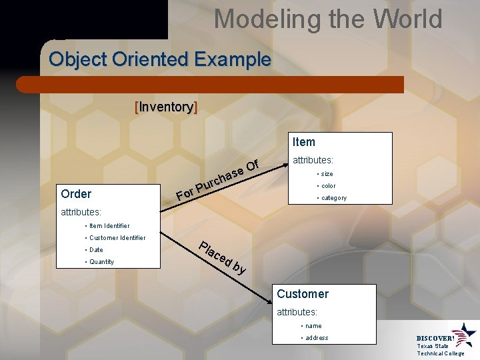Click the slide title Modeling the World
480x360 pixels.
(327, 19)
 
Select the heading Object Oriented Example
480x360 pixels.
(160, 59)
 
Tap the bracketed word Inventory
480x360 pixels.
(166, 107)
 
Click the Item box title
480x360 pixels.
(303, 142)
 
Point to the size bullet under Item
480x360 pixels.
(324, 173)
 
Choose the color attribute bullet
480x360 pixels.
(326, 185)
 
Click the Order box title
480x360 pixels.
(76, 194)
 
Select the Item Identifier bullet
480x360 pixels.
(107, 226)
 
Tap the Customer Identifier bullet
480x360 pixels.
(115, 238)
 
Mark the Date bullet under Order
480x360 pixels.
(94, 250)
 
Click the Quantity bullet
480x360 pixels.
(99, 262)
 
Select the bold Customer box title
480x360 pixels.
(303, 294)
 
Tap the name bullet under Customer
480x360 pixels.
(311, 326)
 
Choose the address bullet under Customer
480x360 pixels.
(315, 338)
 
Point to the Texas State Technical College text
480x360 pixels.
(440, 349)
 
